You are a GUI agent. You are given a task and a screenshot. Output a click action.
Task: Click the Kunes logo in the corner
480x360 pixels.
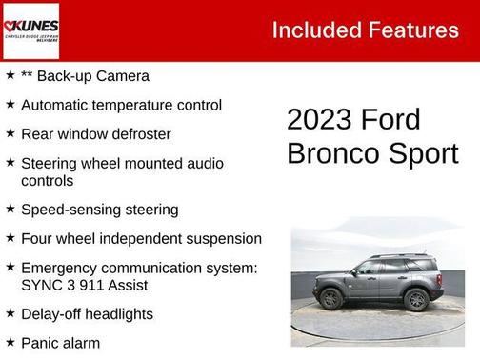click(31, 30)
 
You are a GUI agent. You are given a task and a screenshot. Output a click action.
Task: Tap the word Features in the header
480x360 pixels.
click(411, 30)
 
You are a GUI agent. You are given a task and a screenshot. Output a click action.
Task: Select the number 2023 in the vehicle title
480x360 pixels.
click(319, 120)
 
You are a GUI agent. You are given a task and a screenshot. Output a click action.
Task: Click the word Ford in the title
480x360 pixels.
click(390, 120)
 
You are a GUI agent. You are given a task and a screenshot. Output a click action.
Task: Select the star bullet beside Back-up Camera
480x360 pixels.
click(10, 74)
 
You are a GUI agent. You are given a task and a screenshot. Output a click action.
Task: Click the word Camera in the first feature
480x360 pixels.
click(121, 75)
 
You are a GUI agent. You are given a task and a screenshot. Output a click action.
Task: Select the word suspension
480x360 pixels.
click(220, 238)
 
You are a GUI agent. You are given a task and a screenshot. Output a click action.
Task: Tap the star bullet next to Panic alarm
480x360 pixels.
click(10, 341)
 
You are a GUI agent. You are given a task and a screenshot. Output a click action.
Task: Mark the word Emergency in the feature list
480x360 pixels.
click(59, 268)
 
